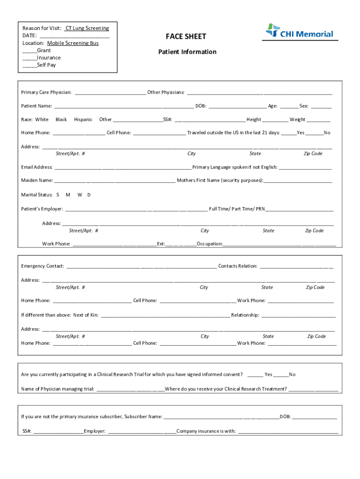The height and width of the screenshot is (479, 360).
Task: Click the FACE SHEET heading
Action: (186, 36)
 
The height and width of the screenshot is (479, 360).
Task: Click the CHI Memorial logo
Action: (300, 32)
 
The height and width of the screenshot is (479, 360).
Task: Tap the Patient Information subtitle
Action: (187, 52)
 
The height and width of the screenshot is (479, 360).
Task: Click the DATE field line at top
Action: (74, 36)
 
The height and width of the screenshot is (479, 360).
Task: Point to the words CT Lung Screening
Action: (87, 28)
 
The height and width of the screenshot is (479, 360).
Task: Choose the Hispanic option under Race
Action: (83, 120)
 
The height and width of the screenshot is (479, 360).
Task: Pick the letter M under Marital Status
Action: (68, 195)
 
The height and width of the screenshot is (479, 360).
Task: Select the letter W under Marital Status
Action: (79, 195)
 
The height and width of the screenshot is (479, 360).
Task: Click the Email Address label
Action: (37, 167)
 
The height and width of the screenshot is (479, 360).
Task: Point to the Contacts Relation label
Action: (238, 266)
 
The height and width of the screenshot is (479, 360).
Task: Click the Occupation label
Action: (209, 244)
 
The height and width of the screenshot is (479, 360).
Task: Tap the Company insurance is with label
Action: (206, 431)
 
